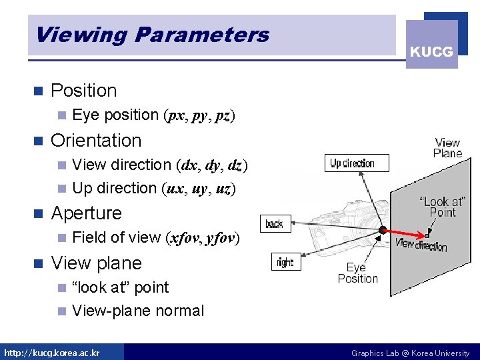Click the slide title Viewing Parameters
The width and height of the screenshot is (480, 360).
152,34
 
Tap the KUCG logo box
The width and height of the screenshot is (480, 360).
431,51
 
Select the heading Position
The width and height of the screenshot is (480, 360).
83,91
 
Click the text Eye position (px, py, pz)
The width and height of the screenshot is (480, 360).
153,115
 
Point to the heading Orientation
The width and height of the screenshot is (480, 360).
96,141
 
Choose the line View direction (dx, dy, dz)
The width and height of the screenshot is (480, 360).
159,165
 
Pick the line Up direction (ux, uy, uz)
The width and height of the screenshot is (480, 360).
153,189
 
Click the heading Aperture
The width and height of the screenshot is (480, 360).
86,213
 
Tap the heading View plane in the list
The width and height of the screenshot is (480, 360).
96,263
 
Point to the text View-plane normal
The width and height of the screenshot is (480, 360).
138,311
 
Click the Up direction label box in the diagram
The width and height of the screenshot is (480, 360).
351,163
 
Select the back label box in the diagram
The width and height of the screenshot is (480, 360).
274,224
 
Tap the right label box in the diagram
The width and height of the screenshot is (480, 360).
285,263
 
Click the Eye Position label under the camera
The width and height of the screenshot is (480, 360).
357,273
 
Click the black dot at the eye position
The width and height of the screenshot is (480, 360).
382,230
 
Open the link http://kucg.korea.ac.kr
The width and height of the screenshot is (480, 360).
52,353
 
